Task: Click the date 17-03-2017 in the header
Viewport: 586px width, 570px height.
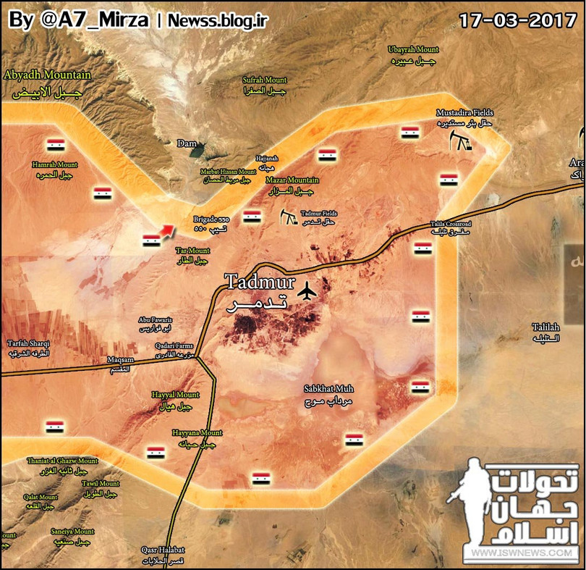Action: pyautogui.click(x=518, y=19)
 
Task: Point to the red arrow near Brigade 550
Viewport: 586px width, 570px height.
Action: pyautogui.click(x=166, y=230)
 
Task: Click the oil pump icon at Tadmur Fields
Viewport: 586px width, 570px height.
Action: pyautogui.click(x=289, y=217)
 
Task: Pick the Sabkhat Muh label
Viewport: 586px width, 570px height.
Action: pyautogui.click(x=328, y=389)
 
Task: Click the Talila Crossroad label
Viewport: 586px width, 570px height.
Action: pyautogui.click(x=450, y=225)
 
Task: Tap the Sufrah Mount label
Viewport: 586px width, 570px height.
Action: pyautogui.click(x=265, y=80)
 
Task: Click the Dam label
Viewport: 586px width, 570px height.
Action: pyautogui.click(x=187, y=143)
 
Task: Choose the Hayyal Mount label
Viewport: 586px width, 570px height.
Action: pyautogui.click(x=175, y=395)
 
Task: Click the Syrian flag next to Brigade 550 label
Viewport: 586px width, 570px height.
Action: pyautogui.click(x=252, y=217)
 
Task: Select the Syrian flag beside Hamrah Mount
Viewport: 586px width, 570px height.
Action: pyautogui.click(x=56, y=143)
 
